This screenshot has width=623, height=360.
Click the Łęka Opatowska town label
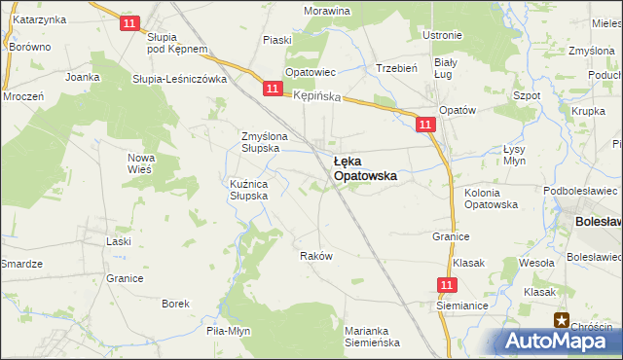click(364, 169)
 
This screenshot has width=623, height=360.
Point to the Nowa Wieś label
click(141, 163)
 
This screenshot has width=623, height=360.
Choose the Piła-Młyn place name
click(229, 331)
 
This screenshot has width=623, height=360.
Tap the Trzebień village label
click(396, 69)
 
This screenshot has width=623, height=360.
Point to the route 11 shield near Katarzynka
click(128, 22)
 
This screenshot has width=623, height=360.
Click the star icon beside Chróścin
click(561, 319)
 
